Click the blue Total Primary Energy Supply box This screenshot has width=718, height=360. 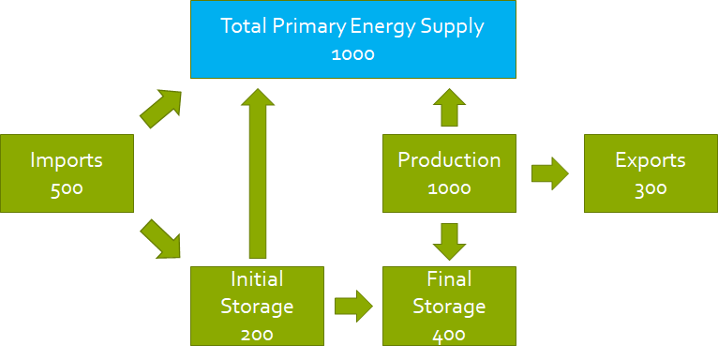352,39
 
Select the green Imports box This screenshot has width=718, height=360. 67,173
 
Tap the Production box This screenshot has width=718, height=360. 449,173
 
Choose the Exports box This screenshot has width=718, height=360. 650,173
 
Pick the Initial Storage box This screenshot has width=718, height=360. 257,306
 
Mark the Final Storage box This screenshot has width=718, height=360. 449,306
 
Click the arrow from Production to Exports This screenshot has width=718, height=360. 550,173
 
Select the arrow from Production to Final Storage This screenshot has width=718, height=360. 449,240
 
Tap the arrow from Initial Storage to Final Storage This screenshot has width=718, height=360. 353,305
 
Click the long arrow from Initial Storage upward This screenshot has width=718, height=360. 256,173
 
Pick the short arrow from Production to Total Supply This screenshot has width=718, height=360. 449,107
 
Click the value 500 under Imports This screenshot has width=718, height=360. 67,188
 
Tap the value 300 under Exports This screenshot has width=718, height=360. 650,188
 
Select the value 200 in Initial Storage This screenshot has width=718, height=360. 257,334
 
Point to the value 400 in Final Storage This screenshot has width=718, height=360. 449,334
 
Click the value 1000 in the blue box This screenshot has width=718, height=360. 352,54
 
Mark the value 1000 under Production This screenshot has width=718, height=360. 449,188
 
